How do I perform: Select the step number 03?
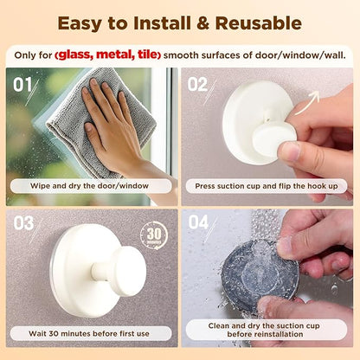point(24,224)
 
